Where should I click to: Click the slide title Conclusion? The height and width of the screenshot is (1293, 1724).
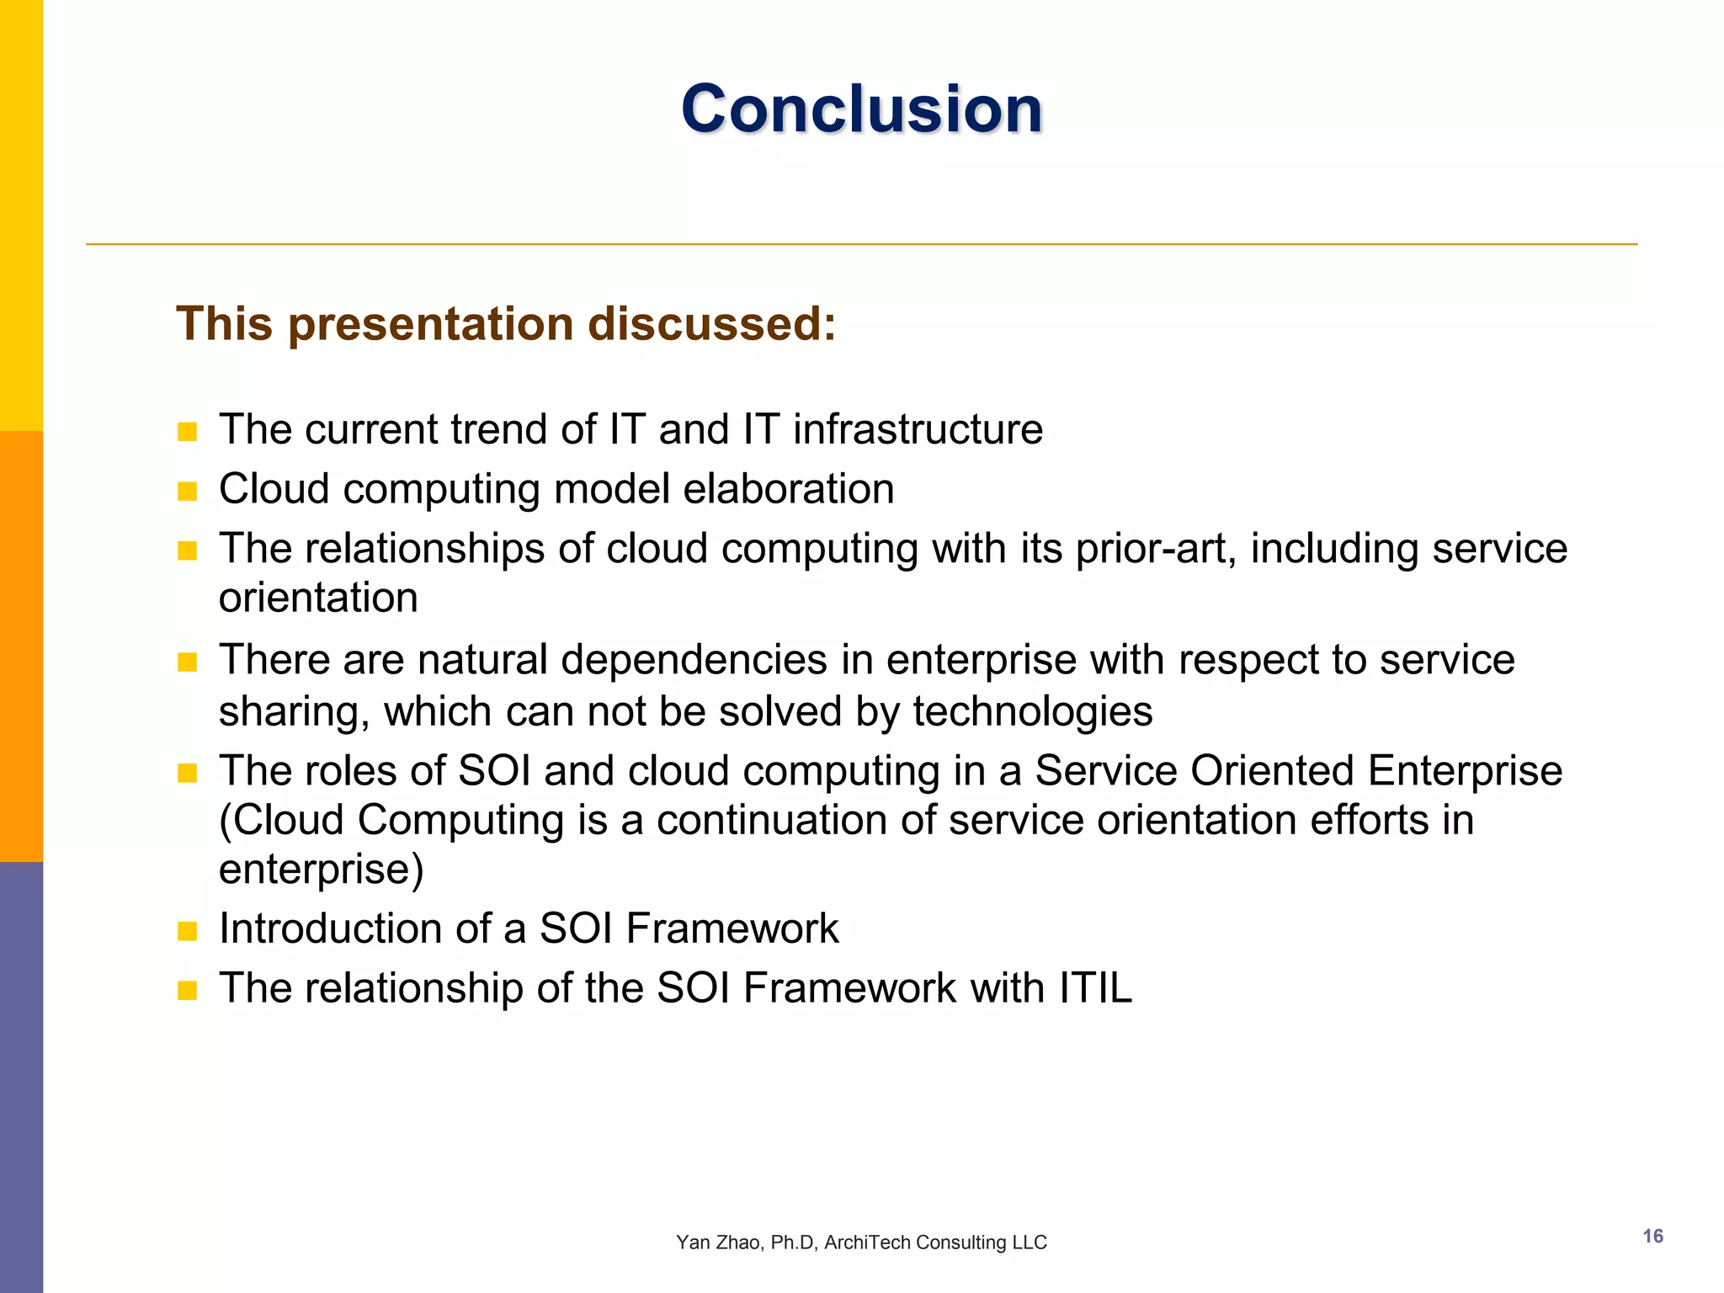coord(861,109)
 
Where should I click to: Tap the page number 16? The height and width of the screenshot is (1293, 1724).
coord(1652,1236)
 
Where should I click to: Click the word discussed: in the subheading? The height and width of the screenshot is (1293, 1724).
coord(711,324)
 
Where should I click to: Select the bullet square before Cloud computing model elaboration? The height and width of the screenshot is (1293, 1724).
coord(187,491)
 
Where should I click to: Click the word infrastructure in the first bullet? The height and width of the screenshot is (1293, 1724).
coord(918,429)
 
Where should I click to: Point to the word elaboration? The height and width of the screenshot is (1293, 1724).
coord(788,489)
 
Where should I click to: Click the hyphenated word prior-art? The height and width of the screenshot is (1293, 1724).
coord(1156,549)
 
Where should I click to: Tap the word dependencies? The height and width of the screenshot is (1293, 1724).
coord(694,659)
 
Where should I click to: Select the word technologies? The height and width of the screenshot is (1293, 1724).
coord(1032,711)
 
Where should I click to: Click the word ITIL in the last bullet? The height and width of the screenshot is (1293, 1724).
coord(1095,988)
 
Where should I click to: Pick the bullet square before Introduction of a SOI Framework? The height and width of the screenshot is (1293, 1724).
coord(187,930)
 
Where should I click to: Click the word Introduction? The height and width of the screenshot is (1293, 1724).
coord(330,929)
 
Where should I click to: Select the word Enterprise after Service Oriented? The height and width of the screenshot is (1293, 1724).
coord(1465,771)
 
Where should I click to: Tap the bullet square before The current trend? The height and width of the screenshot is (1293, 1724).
coord(187,432)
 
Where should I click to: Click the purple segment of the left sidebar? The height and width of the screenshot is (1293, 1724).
coord(21,1077)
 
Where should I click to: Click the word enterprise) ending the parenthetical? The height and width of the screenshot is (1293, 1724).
coord(321,870)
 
